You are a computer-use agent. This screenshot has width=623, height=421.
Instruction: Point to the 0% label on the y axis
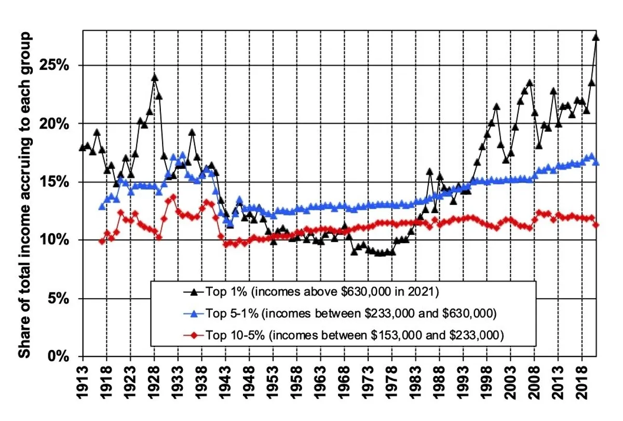60,357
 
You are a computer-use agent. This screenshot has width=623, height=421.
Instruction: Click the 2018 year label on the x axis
582,386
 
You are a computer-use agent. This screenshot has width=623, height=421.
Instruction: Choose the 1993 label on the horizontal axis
463,386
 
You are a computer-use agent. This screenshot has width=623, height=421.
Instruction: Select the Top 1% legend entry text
322,292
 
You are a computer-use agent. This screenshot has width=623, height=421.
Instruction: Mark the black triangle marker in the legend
193,292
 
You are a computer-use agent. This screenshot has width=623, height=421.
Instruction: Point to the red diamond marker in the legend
193,335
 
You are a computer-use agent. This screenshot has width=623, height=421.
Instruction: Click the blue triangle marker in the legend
193,314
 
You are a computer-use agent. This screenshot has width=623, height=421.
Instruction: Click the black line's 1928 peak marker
155,78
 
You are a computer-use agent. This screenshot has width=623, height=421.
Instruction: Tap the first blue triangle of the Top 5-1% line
102,206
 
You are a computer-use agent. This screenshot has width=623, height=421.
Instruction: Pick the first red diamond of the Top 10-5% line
102,241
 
